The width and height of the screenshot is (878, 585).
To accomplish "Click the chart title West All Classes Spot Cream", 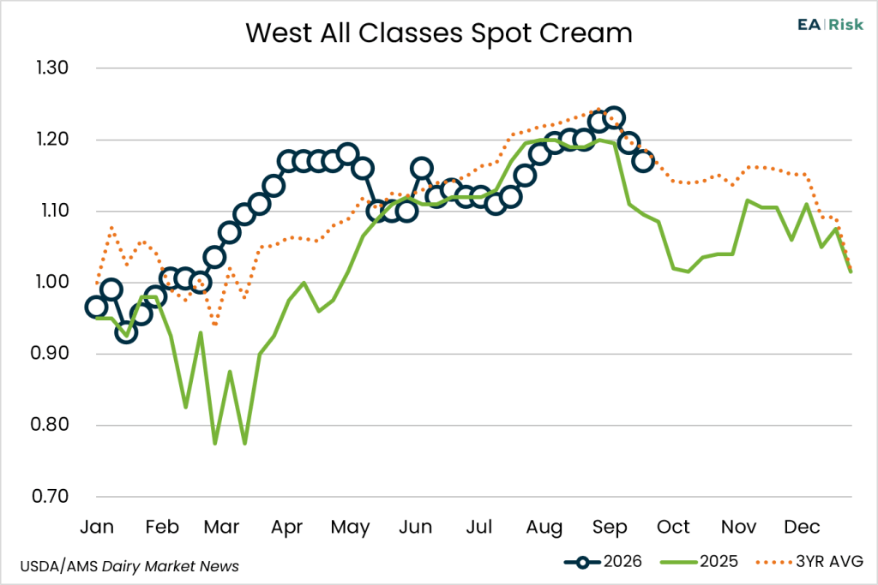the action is click(x=439, y=33).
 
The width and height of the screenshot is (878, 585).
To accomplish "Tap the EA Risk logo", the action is click(x=830, y=25).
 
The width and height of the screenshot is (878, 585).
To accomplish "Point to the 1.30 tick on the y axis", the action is click(x=52, y=68).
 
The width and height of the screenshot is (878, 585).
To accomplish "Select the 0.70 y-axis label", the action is click(x=51, y=496).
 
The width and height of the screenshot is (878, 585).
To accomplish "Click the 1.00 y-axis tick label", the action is click(x=52, y=282).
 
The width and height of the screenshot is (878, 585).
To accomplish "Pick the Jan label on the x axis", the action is click(x=97, y=527).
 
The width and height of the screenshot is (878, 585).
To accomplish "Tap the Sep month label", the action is click(x=610, y=528).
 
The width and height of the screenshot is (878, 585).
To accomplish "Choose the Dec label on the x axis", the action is click(x=802, y=527).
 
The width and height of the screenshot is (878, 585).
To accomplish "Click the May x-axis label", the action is click(x=351, y=528).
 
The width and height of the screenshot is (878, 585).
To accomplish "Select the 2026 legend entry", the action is click(x=603, y=562).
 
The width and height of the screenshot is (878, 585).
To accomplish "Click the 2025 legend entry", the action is click(x=700, y=562).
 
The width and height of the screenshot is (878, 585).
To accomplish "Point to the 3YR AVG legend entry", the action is click(x=809, y=562).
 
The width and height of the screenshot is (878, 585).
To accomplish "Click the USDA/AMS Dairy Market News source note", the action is click(x=129, y=566).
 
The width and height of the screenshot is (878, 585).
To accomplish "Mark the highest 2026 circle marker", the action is click(x=614, y=118).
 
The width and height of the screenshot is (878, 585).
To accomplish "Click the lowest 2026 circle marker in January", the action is click(x=126, y=333).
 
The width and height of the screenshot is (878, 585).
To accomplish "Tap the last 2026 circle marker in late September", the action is click(x=643, y=162).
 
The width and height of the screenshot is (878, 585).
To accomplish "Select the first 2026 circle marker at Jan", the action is click(x=96, y=307).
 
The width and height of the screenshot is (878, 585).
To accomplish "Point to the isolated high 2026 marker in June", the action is click(x=421, y=168).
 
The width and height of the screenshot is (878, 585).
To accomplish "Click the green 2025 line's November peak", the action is click(x=747, y=200).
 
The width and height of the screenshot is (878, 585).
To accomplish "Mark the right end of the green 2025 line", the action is click(x=851, y=272).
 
